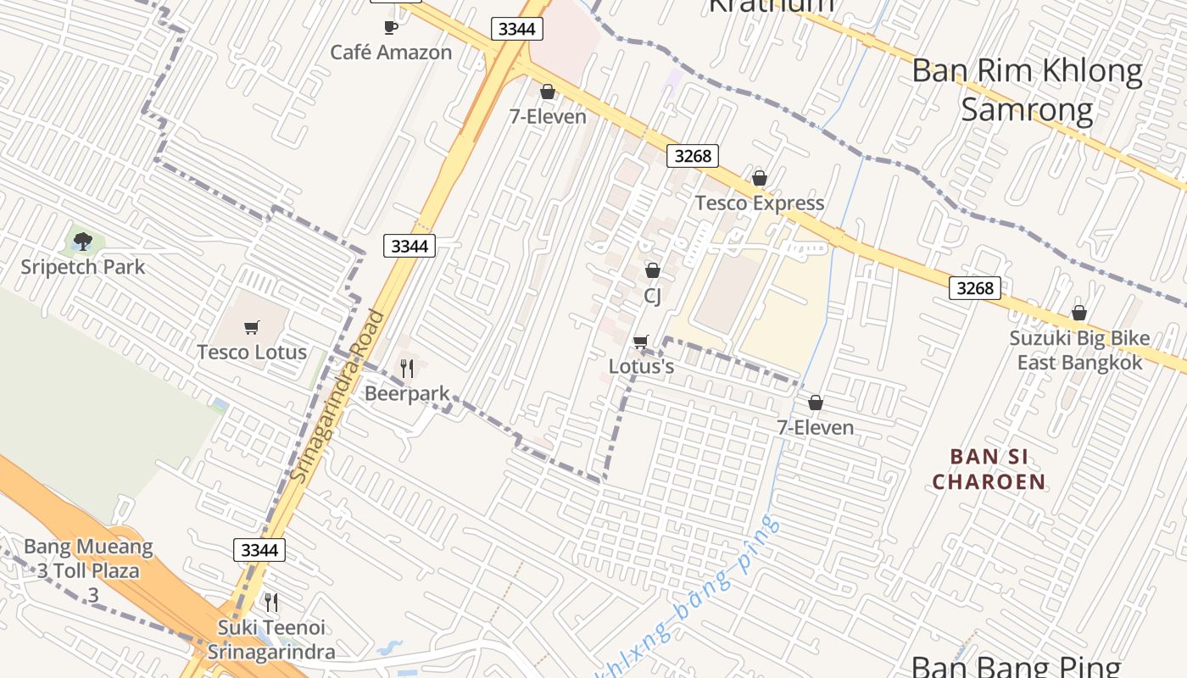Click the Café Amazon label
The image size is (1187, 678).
(x=391, y=53)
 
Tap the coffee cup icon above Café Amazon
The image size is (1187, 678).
(x=390, y=28)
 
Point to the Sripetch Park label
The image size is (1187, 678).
(x=82, y=268)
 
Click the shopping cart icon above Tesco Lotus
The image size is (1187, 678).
(x=251, y=328)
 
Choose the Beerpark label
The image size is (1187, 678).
(x=407, y=394)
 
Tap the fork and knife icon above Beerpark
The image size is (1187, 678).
(x=407, y=369)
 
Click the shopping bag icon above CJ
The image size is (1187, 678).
(x=653, y=271)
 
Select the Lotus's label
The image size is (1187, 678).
(x=641, y=367)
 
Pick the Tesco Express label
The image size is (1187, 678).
(x=760, y=203)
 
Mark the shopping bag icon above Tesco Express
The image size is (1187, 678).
(x=760, y=179)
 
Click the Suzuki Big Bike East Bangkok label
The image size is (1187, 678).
(x=1079, y=350)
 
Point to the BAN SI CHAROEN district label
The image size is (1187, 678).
(x=989, y=470)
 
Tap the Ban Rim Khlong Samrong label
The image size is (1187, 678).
(x=1027, y=90)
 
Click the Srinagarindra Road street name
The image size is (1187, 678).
(x=337, y=397)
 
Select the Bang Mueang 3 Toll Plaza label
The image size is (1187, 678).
(x=89, y=559)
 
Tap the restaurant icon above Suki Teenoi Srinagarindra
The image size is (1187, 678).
(x=271, y=603)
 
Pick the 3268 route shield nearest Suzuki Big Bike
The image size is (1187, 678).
(x=974, y=288)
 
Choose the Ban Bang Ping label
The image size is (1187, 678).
(x=1016, y=666)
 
